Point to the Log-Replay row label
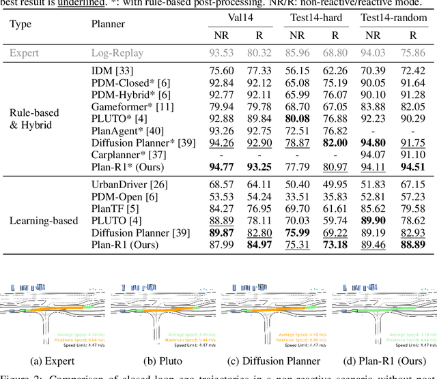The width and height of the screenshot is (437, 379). (x=117, y=52)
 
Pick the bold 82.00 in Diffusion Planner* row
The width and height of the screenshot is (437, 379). (x=335, y=143)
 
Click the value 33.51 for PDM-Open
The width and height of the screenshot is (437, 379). (x=297, y=197)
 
